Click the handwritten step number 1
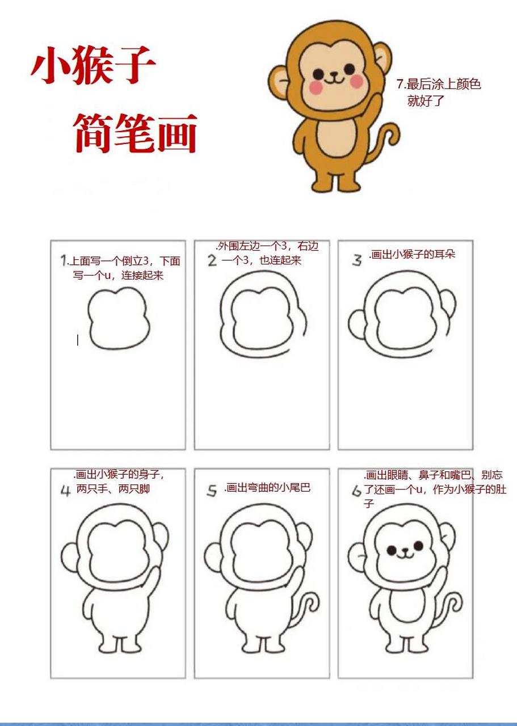coord(64,261)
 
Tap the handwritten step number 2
coord(212,261)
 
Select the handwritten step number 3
coord(356,260)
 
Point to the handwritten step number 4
coord(66,491)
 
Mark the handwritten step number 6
coord(356,491)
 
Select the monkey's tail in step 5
coord(309,607)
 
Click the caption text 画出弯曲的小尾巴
coord(267,488)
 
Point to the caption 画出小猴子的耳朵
coord(413,254)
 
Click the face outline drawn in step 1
coord(119,318)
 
